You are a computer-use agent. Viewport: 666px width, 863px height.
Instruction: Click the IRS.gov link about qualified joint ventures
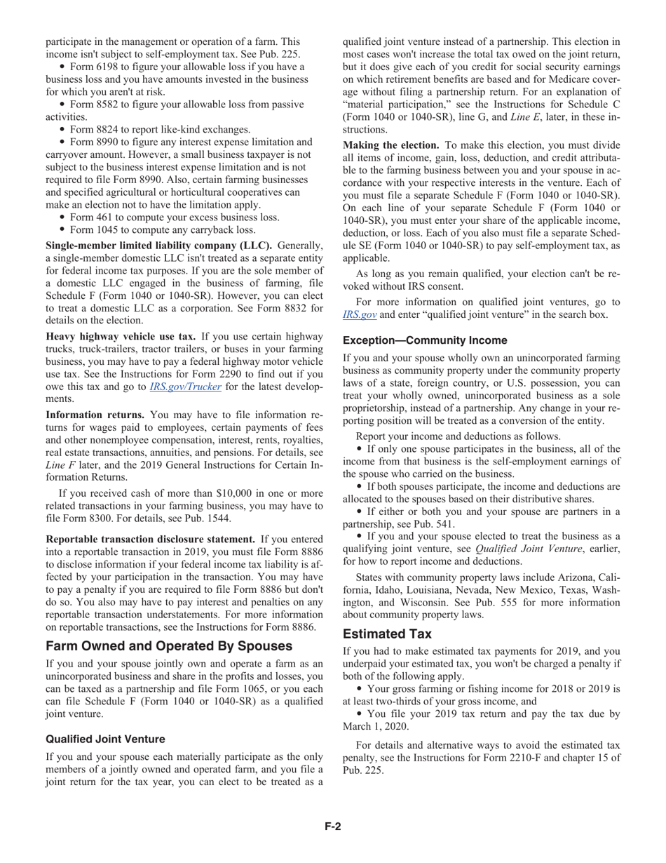(x=359, y=315)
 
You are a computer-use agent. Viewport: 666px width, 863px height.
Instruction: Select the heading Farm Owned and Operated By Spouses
(x=169, y=645)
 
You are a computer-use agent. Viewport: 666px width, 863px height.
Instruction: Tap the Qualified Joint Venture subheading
(x=105, y=739)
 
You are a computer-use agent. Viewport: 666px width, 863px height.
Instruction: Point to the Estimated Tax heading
(x=387, y=634)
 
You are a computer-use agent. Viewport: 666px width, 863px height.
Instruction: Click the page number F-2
(x=332, y=827)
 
